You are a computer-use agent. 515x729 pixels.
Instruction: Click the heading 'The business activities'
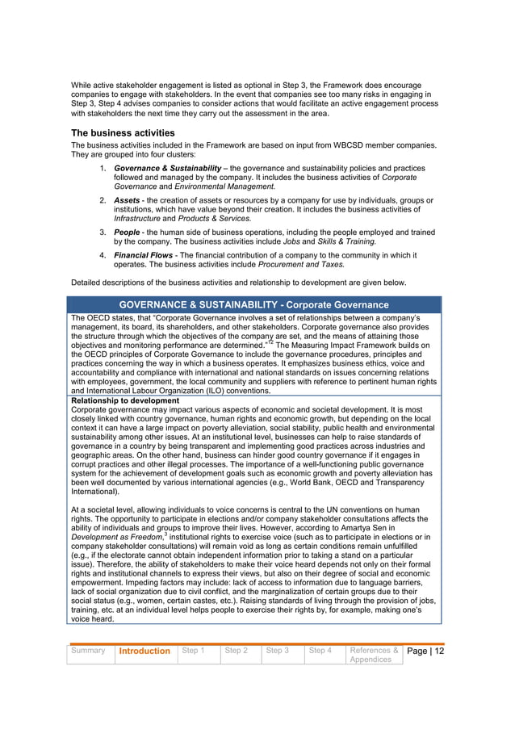[x=123, y=132]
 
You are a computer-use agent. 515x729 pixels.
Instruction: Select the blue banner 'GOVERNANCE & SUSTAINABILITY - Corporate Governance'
[x=254, y=304]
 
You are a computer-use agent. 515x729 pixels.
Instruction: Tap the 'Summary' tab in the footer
[x=87, y=650]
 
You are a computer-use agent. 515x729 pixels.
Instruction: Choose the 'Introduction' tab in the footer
[x=144, y=651]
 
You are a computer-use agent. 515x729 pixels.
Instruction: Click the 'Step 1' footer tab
[x=193, y=650]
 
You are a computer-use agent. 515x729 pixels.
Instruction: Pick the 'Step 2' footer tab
[x=236, y=650]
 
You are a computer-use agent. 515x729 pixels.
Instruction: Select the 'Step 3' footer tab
[x=278, y=650]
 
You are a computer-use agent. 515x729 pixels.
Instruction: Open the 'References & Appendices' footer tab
[x=373, y=655]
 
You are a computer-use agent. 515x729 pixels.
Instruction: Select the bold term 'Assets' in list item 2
[x=127, y=200]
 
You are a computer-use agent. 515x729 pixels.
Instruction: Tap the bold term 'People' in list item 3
[x=127, y=232]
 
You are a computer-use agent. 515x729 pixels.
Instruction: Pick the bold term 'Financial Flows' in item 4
[x=143, y=255]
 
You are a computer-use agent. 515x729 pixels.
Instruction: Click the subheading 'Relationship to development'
[x=125, y=400]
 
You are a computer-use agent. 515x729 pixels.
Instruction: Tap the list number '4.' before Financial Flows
[x=103, y=255]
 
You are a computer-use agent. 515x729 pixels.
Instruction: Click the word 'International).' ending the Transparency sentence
[x=96, y=491]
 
